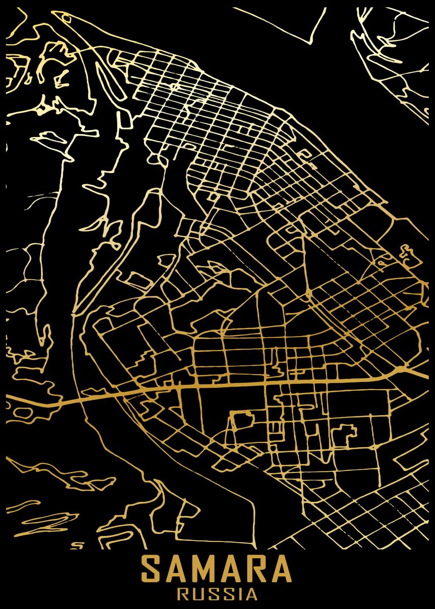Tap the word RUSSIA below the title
coord(217,593)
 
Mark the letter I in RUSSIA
coord(239,593)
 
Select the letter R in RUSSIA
coord(183,593)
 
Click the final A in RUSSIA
coord(251,593)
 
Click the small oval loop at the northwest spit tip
coord(66,19)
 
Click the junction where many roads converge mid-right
coord(308,293)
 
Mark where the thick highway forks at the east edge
coord(406,369)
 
